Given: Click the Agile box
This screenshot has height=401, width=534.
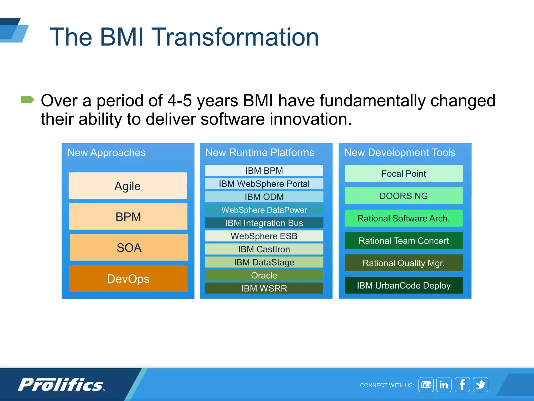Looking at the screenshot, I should pos(128,186).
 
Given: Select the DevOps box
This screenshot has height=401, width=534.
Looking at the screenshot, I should pos(128,279).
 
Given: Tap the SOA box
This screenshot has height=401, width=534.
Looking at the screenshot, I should pos(129,247).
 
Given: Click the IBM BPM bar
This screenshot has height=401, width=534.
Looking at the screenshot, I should pos(264,170).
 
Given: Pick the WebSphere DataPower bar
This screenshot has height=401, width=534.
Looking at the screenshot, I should pos(264,210).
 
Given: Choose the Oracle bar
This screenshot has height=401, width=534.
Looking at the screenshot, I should pos(264,275).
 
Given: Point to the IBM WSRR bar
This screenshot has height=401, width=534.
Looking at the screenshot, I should pos(264,288).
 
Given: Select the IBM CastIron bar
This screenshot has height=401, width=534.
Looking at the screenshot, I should pos(264,249).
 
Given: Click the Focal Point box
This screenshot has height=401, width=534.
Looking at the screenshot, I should pos(403,173).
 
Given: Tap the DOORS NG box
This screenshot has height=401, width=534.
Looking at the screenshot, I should pos(403,196).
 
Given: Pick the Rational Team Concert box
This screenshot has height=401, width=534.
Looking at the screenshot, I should pos(403,240).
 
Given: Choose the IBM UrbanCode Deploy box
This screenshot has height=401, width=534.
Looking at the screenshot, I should pos(403,285).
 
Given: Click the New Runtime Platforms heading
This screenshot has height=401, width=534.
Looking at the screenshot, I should pos(260,152).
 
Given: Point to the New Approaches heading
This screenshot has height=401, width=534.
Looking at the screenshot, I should pos(106,152).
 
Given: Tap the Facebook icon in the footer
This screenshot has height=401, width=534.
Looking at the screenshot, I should pos(462,385).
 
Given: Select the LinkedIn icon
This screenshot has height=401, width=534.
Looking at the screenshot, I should pos(444,385).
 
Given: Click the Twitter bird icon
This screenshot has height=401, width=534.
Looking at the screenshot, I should pos(480,385).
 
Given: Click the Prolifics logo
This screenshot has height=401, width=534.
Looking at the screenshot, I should pos(61,385).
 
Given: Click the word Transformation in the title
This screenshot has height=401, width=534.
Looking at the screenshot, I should pos(235,37).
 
